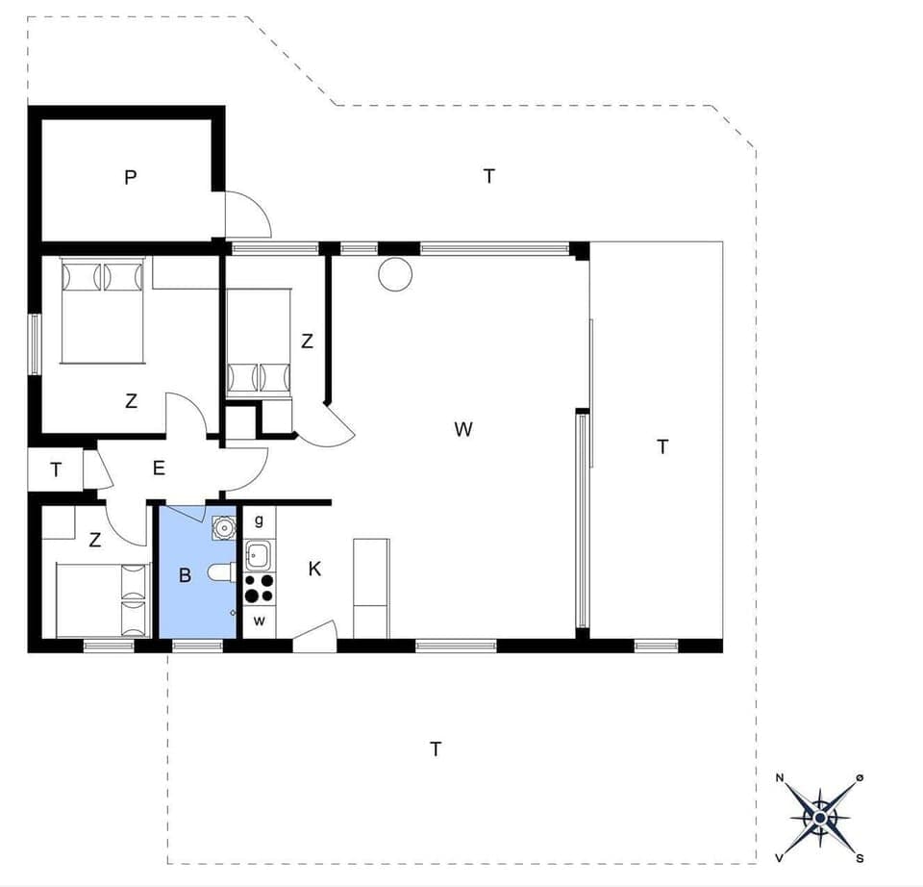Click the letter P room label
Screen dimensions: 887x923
(x=131, y=177)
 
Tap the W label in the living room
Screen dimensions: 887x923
(x=463, y=429)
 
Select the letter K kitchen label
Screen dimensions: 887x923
(x=314, y=569)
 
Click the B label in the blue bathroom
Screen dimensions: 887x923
(x=186, y=575)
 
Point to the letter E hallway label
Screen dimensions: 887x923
(x=159, y=469)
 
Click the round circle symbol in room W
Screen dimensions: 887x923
(x=394, y=274)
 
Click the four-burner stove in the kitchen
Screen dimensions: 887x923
(x=259, y=588)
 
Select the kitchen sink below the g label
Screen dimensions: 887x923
(x=258, y=555)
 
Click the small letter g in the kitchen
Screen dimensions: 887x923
(x=259, y=520)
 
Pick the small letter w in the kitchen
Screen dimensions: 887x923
(x=259, y=621)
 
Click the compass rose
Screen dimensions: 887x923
(x=819, y=817)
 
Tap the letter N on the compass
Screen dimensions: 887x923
(x=780, y=777)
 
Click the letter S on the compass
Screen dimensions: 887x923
(x=860, y=857)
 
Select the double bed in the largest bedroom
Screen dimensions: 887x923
(x=102, y=310)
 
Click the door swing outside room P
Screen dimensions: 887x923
(x=247, y=215)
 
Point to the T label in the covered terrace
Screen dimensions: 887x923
(x=661, y=446)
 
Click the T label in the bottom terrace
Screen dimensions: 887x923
(x=436, y=748)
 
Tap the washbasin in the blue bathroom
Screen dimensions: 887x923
(x=224, y=528)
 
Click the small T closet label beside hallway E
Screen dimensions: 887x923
(x=56, y=469)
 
